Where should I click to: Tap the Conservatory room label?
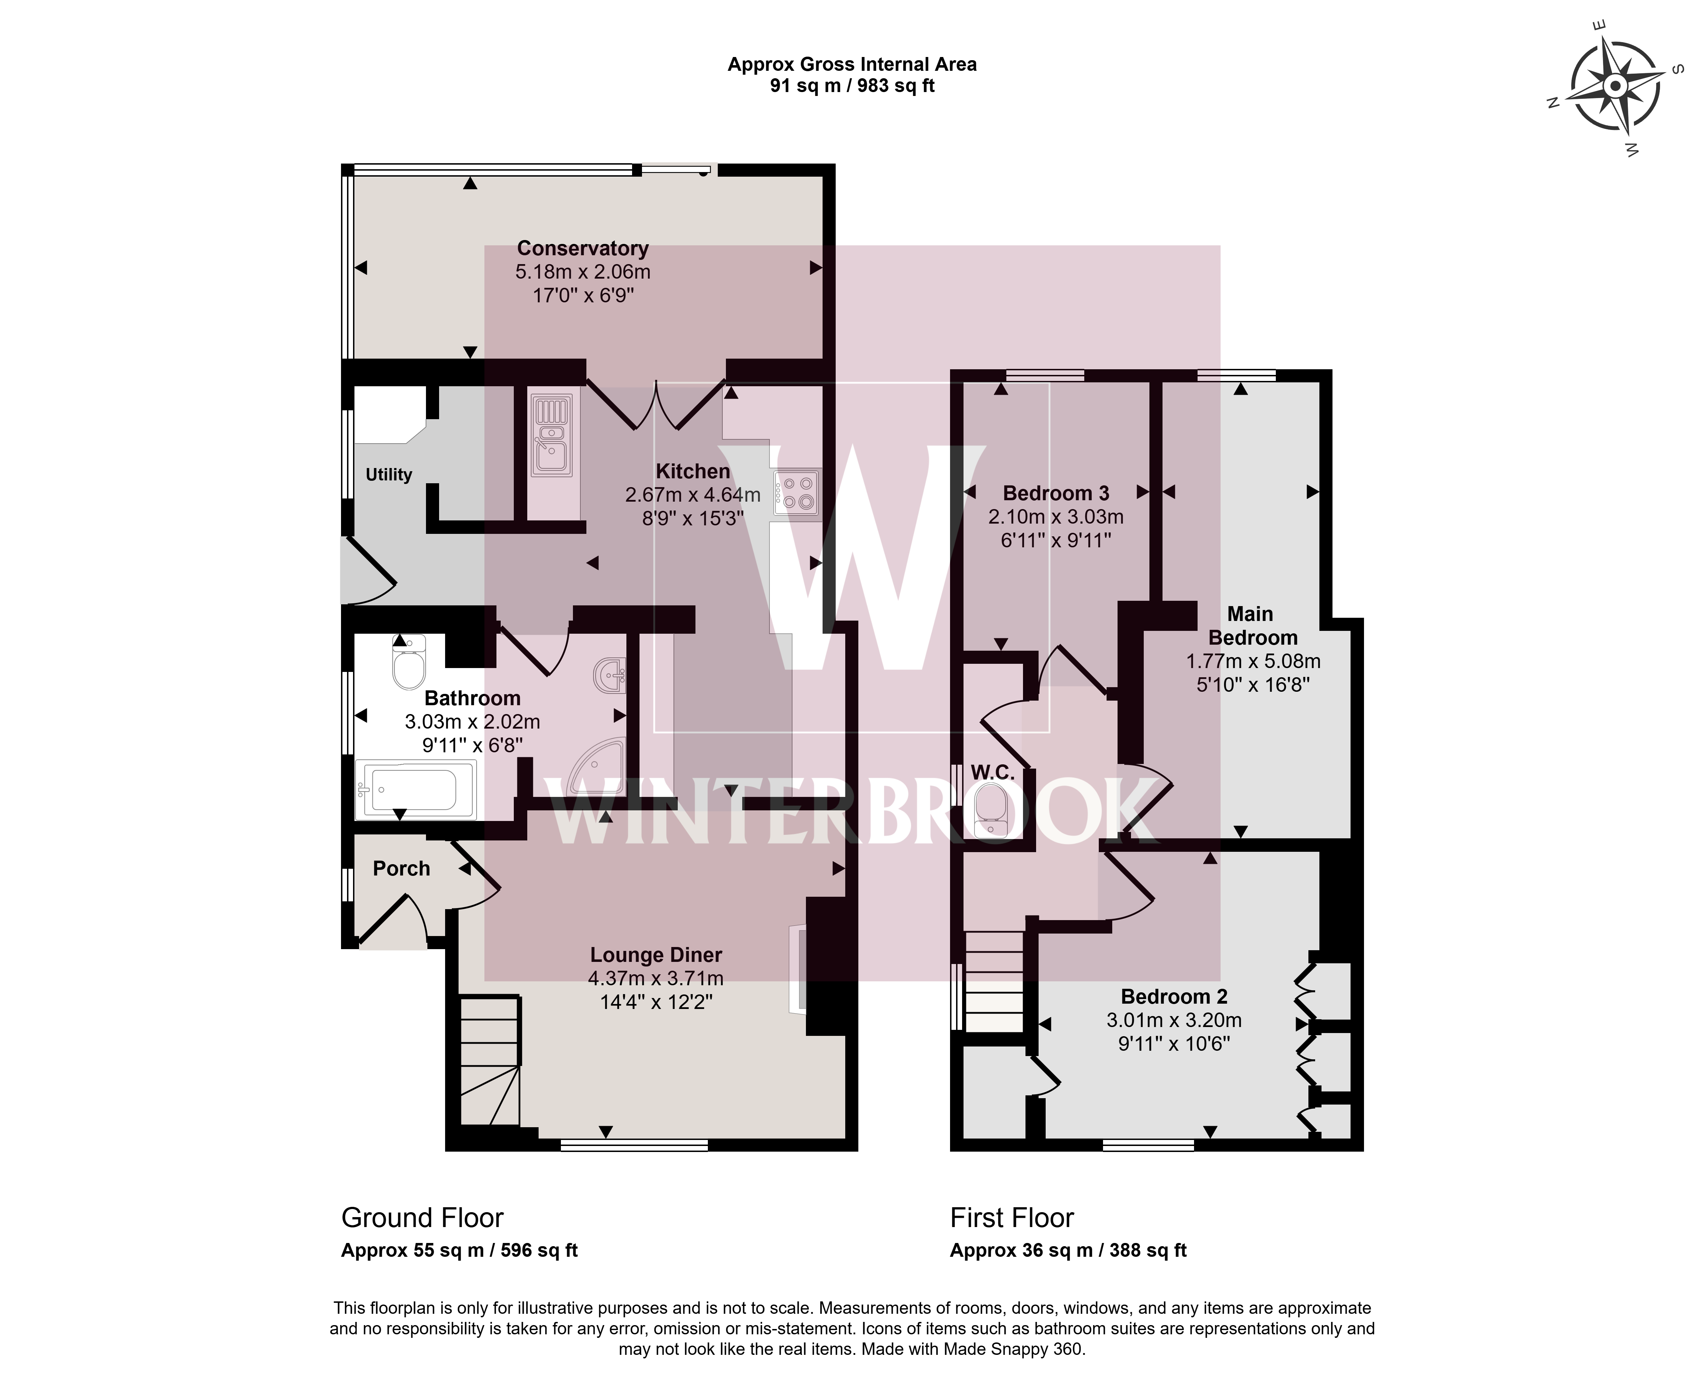pos(582,248)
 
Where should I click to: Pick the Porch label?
pos(402,869)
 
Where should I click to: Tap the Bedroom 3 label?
pos(1056,494)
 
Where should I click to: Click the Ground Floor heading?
pos(422,1218)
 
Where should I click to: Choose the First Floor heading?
pos(1012,1218)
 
